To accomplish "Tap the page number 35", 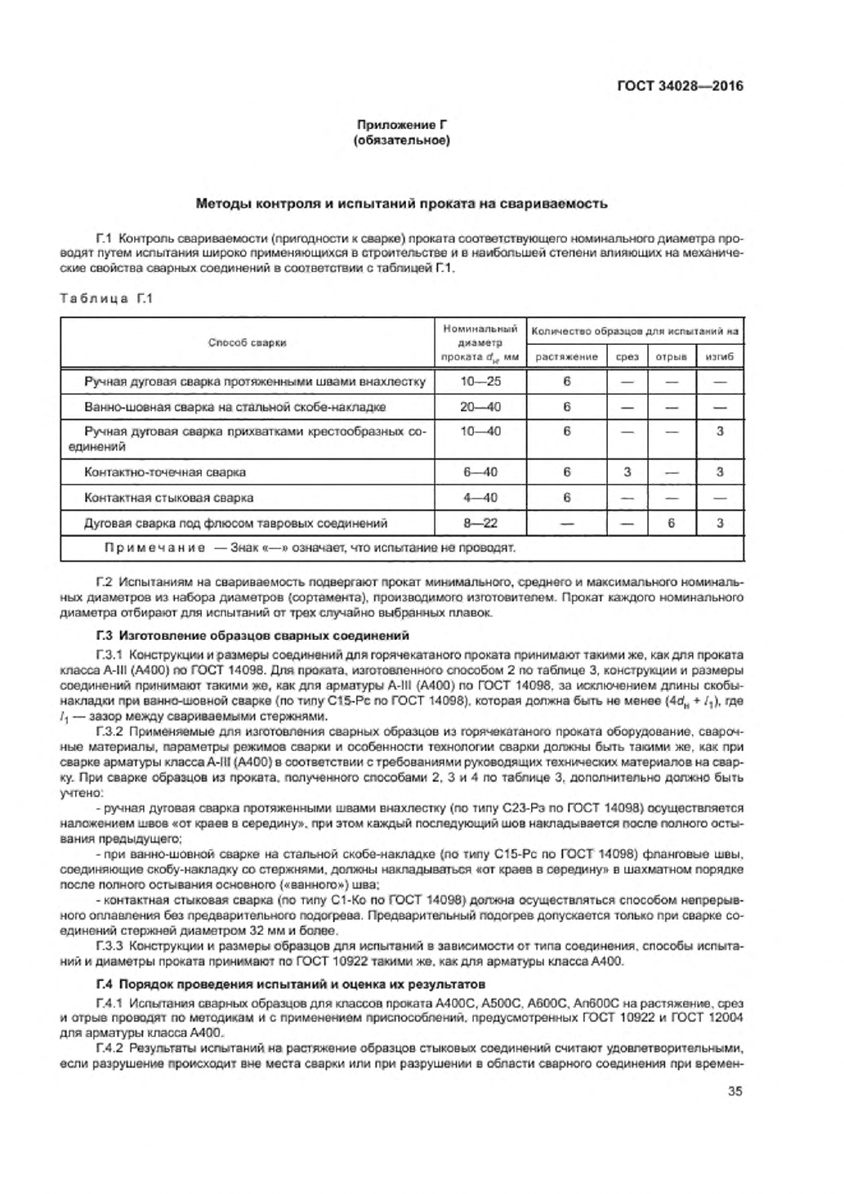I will click(x=735, y=1090).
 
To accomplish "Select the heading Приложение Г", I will click(x=401, y=126).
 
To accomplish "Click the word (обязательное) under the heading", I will click(x=401, y=141).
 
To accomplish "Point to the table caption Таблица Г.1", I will click(x=106, y=298).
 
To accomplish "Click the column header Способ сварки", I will click(x=247, y=343).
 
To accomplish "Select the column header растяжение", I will click(x=566, y=356).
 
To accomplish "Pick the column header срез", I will click(x=627, y=356).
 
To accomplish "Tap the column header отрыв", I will click(x=671, y=356).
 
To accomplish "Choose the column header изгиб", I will click(x=719, y=356).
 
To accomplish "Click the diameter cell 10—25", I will click(x=480, y=382).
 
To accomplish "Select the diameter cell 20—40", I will click(x=480, y=407).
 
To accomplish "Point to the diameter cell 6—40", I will click(x=480, y=472).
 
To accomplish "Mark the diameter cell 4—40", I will click(x=480, y=498).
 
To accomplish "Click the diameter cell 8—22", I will click(x=480, y=523).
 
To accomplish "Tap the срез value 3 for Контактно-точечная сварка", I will click(x=627, y=472).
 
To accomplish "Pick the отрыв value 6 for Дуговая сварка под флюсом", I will click(x=671, y=523).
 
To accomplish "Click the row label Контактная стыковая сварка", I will click(x=169, y=498).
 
